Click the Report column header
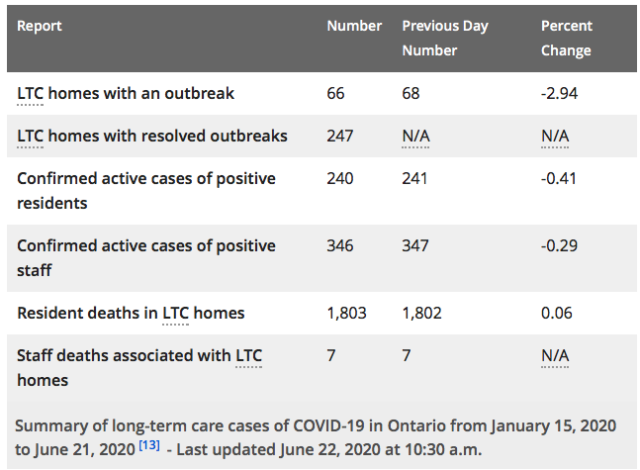pos(40,26)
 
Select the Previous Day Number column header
pos(445,38)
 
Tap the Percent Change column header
pos(567,38)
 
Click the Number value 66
pos(335,94)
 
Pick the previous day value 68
pos(411,94)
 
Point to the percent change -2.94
pos(559,94)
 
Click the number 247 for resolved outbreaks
pos(340,136)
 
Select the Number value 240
pos(340,178)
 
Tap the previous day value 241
pos(414,178)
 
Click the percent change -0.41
pos(559,178)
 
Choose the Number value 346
pos(340,245)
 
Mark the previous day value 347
pos(415,245)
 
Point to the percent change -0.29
pos(559,245)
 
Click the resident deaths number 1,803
pos(346,314)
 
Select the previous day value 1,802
pos(421,314)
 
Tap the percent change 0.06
pos(557,314)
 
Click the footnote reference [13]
pos(149,444)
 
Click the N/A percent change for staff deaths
pos(555,355)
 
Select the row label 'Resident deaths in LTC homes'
pos(131,314)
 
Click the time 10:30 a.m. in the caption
pos(443,449)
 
